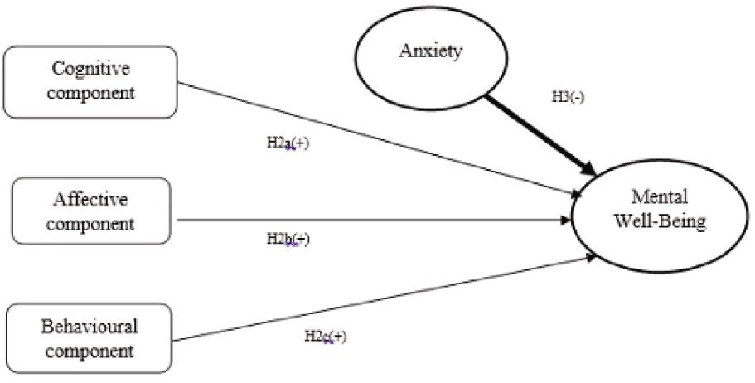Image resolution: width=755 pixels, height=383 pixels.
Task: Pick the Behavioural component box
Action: pos(91,338)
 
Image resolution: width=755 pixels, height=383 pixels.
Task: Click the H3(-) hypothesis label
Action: pos(570,96)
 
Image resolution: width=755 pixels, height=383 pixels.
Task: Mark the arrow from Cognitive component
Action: pos(373,138)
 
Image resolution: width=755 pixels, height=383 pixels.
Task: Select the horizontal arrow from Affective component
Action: pos(373,221)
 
